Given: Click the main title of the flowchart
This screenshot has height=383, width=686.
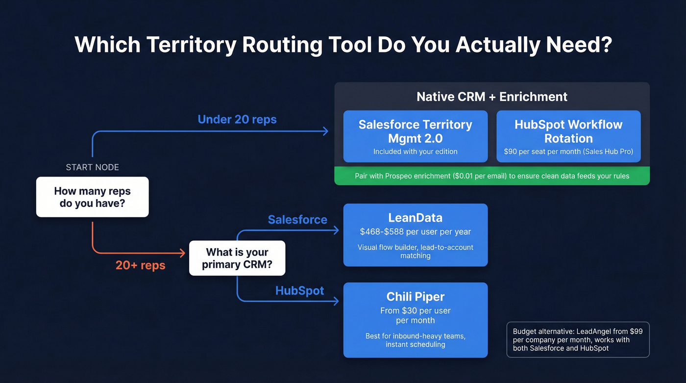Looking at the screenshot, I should coord(343,45).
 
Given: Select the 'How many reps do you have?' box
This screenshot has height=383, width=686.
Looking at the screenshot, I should coord(92,197).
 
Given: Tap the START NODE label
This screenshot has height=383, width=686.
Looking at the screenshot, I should coord(92,167).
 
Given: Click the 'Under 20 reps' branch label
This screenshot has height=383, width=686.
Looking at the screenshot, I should coord(237,119).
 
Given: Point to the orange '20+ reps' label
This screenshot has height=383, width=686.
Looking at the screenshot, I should coord(141,265).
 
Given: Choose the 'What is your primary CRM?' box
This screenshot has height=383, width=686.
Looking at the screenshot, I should coord(237,258).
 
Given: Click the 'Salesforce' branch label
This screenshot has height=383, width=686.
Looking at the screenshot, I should coord(297,219).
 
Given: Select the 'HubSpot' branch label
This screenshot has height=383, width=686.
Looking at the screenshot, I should coord(299,290).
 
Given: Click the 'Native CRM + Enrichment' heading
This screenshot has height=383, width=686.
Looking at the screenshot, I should coord(492,97).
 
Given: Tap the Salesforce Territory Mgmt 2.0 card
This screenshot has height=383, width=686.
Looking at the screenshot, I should coord(416,136).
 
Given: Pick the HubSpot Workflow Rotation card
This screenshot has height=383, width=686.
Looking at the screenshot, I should coord(568,136).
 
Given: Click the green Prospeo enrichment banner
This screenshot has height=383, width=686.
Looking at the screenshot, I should coord(492,176).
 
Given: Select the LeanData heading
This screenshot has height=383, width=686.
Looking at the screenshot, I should coord(416,217).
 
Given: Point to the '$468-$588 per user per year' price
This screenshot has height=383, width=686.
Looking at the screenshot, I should coord(416,231).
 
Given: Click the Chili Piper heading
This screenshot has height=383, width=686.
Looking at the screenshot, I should coord(416,296).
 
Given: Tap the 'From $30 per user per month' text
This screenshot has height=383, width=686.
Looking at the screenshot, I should coord(416,315).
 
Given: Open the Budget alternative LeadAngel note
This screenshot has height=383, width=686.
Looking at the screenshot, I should coord(578,339).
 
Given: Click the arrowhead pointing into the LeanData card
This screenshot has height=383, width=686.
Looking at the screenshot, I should coord(336,230).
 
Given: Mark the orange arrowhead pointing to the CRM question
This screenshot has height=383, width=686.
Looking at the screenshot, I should coord(182,253).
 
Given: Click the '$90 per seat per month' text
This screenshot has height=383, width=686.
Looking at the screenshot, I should coord(568,152).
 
